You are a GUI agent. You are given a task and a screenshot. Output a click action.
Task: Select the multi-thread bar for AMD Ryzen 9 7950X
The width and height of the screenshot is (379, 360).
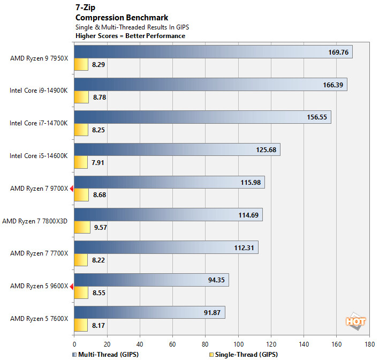(x=213, y=51)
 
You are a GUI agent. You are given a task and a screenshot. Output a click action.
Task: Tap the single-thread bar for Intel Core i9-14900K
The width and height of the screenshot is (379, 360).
(x=81, y=97)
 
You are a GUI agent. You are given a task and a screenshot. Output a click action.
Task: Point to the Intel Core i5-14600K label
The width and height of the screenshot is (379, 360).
(x=39, y=156)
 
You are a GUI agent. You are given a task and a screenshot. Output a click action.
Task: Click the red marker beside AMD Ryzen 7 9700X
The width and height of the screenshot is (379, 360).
(x=72, y=188)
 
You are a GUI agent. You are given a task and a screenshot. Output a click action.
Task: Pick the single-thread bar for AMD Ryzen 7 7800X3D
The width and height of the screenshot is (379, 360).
(x=82, y=227)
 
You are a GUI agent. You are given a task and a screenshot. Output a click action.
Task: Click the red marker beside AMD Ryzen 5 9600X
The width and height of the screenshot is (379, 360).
(x=72, y=286)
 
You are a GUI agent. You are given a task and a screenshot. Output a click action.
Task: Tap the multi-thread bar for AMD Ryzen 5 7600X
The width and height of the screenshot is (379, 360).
(x=149, y=312)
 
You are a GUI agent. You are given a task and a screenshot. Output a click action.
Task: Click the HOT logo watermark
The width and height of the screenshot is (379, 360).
(x=355, y=321)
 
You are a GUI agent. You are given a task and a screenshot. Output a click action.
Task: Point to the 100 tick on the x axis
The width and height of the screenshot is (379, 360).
(x=238, y=344)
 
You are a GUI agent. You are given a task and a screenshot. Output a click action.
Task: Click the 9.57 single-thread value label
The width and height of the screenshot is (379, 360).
(x=100, y=227)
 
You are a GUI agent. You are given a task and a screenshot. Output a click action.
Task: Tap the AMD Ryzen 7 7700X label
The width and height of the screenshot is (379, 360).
(x=39, y=253)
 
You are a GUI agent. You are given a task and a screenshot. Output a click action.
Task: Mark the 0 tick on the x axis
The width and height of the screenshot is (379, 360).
(x=74, y=344)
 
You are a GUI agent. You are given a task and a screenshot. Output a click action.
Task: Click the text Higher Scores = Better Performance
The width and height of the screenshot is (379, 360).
(x=130, y=36)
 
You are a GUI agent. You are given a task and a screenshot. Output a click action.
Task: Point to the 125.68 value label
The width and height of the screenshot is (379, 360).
(x=266, y=149)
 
